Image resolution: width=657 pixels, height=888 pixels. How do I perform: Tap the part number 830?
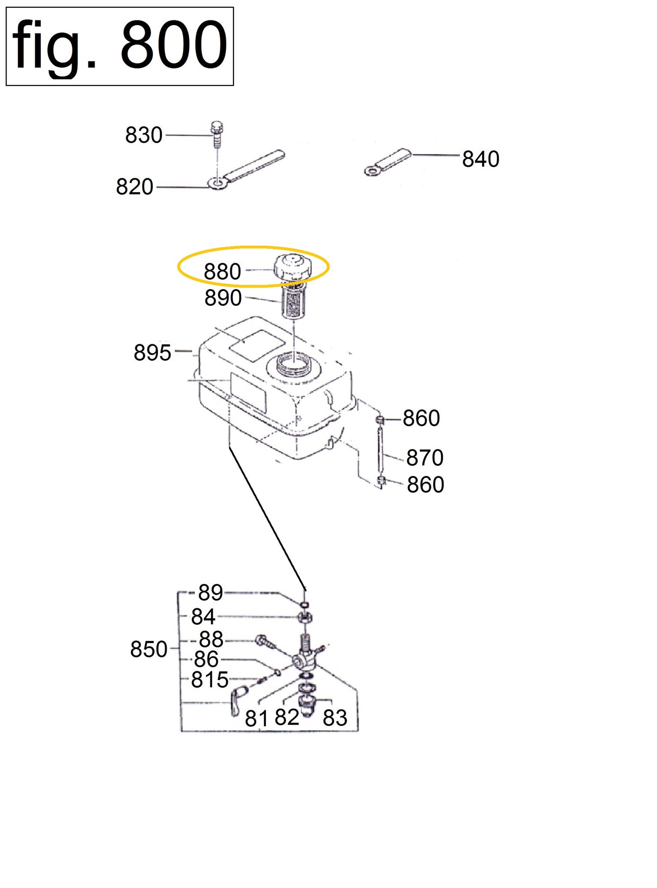pos(144,135)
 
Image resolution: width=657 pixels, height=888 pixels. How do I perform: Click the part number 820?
pos(134,187)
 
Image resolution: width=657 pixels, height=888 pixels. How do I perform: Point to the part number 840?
pos(480,159)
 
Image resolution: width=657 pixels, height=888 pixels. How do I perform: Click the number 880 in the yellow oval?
pos(222,271)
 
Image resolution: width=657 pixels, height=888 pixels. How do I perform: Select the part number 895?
pos(152,353)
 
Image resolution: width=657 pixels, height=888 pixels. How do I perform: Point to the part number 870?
pos(425,457)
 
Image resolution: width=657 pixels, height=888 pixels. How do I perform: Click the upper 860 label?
pos(421,418)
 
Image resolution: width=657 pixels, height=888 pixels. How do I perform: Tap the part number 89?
pos(210,592)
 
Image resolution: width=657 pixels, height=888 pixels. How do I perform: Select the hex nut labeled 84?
pos(306,618)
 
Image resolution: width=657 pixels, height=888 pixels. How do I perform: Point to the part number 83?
pos(335,718)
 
